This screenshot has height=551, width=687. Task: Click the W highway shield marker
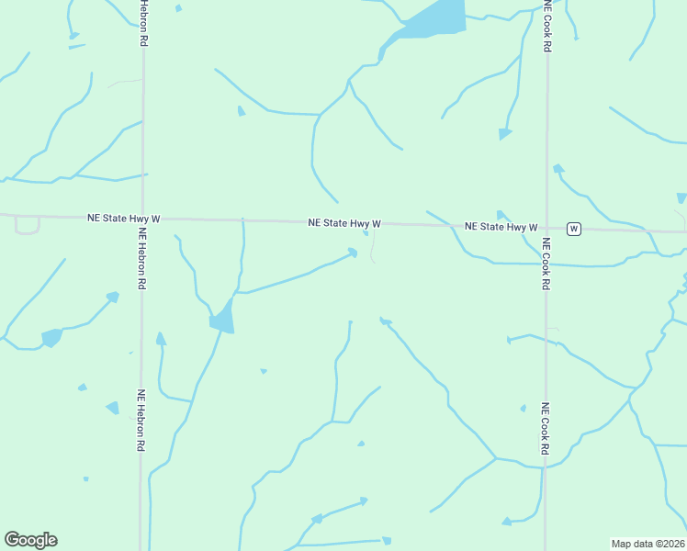pyautogui.click(x=573, y=228)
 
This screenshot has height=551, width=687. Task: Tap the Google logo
pyautogui.click(x=30, y=540)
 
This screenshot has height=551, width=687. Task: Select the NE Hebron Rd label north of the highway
pyautogui.click(x=143, y=24)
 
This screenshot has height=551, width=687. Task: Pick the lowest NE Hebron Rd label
pyautogui.click(x=141, y=420)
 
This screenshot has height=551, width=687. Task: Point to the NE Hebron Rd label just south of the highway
pyautogui.click(x=141, y=259)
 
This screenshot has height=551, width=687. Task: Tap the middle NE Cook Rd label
pyautogui.click(x=546, y=264)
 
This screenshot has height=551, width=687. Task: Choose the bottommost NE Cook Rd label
pyautogui.click(x=545, y=429)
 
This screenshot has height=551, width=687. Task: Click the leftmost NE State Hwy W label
pyautogui.click(x=124, y=219)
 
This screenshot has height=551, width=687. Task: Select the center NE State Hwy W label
pyautogui.click(x=344, y=223)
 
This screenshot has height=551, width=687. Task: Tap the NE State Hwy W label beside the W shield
pyautogui.click(x=501, y=226)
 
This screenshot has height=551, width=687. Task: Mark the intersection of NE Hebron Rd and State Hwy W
pyautogui.click(x=142, y=219)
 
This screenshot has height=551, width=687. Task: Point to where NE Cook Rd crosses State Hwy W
pyautogui.click(x=546, y=227)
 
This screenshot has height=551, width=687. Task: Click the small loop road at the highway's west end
pyautogui.click(x=28, y=226)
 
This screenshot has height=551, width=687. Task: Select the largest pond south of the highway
pyautogui.click(x=222, y=319)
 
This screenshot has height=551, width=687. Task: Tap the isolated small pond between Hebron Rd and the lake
pyautogui.click(x=242, y=111)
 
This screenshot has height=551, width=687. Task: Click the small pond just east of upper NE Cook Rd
pyautogui.click(x=557, y=169)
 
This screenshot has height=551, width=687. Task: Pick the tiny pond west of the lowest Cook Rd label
pyautogui.click(x=523, y=408)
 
